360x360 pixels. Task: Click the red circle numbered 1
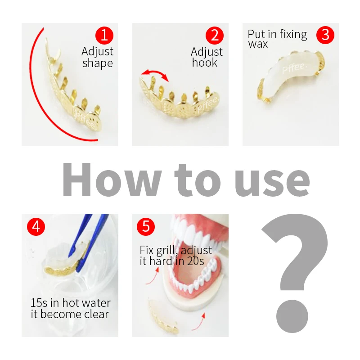[104, 35]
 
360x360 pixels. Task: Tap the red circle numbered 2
[215, 35]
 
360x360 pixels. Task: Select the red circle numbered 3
[325, 35]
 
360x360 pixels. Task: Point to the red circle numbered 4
[36, 226]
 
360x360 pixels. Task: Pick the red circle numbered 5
[146, 226]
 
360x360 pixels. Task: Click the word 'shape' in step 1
[97, 63]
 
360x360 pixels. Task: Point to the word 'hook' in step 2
[204, 63]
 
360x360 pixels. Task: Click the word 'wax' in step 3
[258, 44]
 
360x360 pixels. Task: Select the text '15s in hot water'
[70, 303]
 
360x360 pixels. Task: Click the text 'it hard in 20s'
[171, 261]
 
